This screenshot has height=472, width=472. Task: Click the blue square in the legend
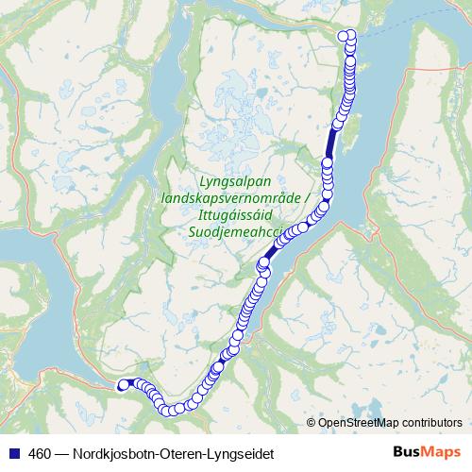[x=11, y=454]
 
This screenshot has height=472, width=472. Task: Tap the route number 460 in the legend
[x=39, y=454]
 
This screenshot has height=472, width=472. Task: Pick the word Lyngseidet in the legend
[x=244, y=454]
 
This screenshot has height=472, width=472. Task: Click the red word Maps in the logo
[x=440, y=453]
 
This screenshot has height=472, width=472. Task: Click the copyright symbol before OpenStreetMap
[x=312, y=423]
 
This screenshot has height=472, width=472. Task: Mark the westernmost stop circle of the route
[x=121, y=384]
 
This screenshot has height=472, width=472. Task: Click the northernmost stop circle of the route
[x=347, y=35]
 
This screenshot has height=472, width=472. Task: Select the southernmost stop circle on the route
[x=176, y=409]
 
